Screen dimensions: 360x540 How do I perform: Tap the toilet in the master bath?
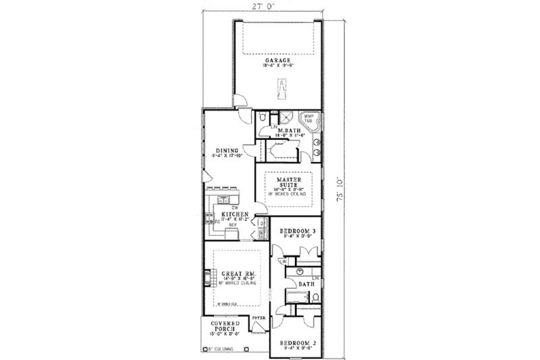click(x=262, y=118)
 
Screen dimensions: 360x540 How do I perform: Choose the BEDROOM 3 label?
click(x=298, y=232)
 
